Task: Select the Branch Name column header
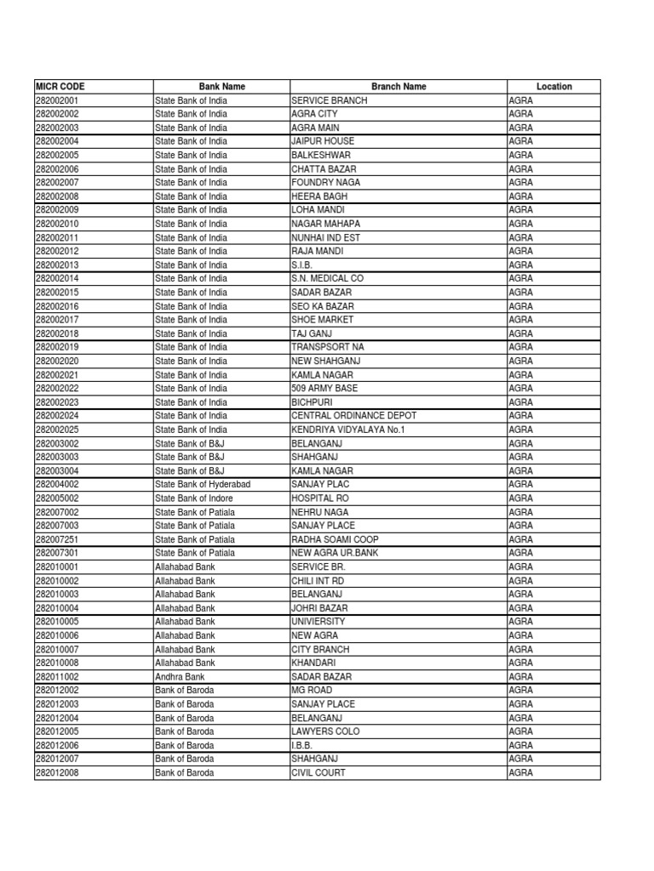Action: click(x=399, y=87)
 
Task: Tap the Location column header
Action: click(x=554, y=87)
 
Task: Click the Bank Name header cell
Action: click(x=221, y=87)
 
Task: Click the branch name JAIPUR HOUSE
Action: click(x=323, y=141)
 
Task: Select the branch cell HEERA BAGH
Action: click(x=319, y=196)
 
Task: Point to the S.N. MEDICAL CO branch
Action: click(x=327, y=278)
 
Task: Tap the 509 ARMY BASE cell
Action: click(x=324, y=388)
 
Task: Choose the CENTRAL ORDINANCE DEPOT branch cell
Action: click(x=353, y=416)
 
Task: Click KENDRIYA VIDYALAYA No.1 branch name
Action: click(x=347, y=430)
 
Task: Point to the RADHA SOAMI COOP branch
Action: click(x=335, y=539)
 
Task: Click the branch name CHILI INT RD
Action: click(x=318, y=580)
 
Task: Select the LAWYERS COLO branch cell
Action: click(x=325, y=732)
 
